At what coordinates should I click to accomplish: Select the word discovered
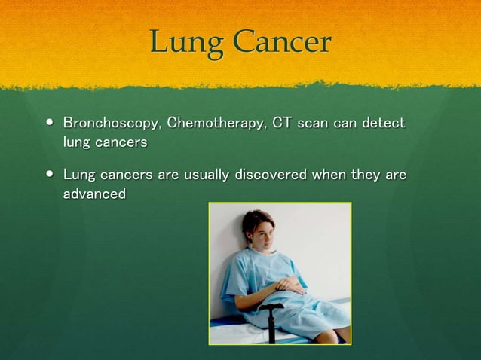point(271,175)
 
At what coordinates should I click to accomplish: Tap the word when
point(332,175)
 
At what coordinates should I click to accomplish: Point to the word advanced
point(94,194)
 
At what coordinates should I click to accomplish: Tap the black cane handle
point(270,307)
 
